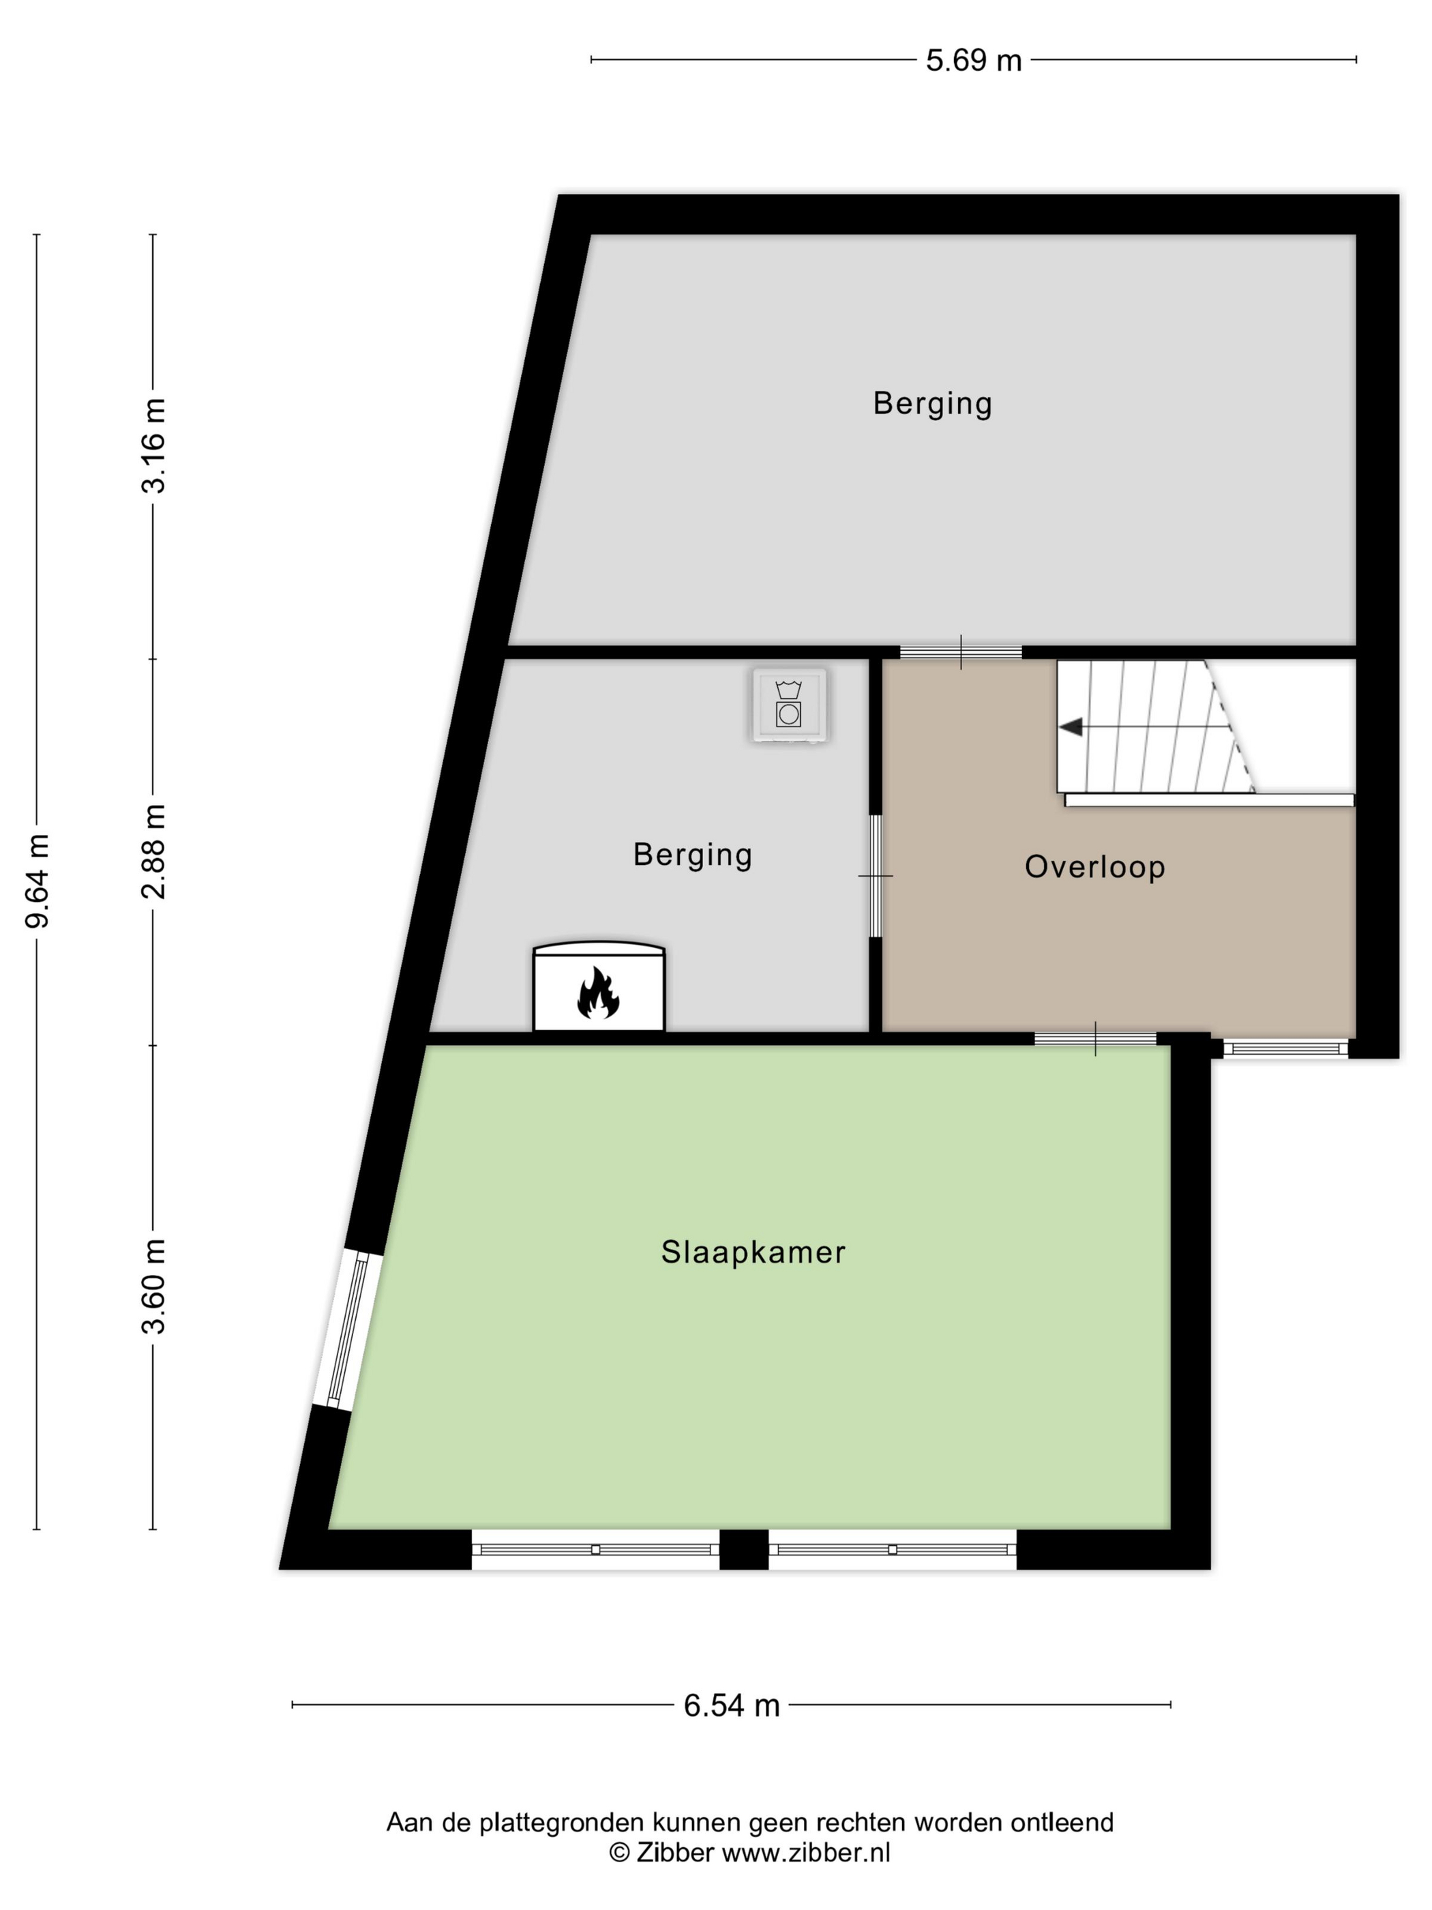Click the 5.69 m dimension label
[x=973, y=61]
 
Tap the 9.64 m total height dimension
[x=37, y=881]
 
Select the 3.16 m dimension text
[x=153, y=445]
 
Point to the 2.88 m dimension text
[x=153, y=851]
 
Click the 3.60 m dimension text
[x=153, y=1287]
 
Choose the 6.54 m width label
[x=731, y=1705]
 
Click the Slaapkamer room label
[x=753, y=1252]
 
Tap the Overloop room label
[x=1094, y=866]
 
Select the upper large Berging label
[x=932, y=403]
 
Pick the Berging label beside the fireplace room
[x=692, y=855]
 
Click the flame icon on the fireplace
[x=598, y=993]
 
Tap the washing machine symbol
[x=789, y=705]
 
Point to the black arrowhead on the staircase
[x=1071, y=727]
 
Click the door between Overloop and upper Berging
[x=961, y=653]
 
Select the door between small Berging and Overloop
[x=876, y=876]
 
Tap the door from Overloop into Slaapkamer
[x=1095, y=1039]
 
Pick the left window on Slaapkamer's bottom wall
[x=595, y=1549]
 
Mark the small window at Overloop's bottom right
[x=1285, y=1048]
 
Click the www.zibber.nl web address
[x=805, y=1852]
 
